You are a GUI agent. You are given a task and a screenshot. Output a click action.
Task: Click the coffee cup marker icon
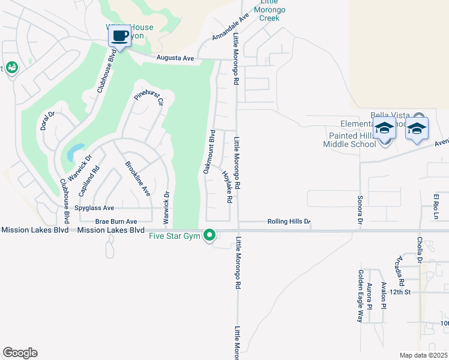[x=119, y=37]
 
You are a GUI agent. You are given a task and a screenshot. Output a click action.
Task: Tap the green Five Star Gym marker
[x=209, y=235]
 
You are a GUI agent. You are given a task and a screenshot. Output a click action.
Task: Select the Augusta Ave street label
[x=175, y=58]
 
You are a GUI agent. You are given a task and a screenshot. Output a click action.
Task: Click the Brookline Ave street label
[x=137, y=179]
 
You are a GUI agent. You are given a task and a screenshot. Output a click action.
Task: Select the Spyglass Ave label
[x=94, y=208]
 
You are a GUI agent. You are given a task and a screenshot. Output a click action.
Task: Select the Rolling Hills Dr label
[x=289, y=221]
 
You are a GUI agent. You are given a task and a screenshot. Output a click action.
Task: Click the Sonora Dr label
[x=360, y=209]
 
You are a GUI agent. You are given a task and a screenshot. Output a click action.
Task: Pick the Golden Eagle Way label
[x=360, y=296]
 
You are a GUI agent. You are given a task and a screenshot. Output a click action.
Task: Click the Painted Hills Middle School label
[x=349, y=140]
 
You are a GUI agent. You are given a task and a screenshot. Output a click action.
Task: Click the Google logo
[x=20, y=352]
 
